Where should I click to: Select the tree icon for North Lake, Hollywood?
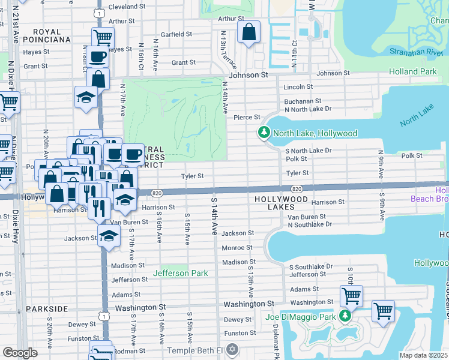(x=262, y=133)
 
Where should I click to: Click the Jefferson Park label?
(x=180, y=273)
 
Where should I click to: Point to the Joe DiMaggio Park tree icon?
(x=345, y=316)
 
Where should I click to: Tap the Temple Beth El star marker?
(x=234, y=350)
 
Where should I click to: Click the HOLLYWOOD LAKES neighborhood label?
(x=282, y=199)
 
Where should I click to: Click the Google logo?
(x=20, y=353)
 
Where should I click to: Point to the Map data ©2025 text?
(x=423, y=355)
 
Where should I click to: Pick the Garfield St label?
(x=176, y=35)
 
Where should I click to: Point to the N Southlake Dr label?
(x=310, y=224)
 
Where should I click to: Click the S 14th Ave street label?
(x=213, y=215)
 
